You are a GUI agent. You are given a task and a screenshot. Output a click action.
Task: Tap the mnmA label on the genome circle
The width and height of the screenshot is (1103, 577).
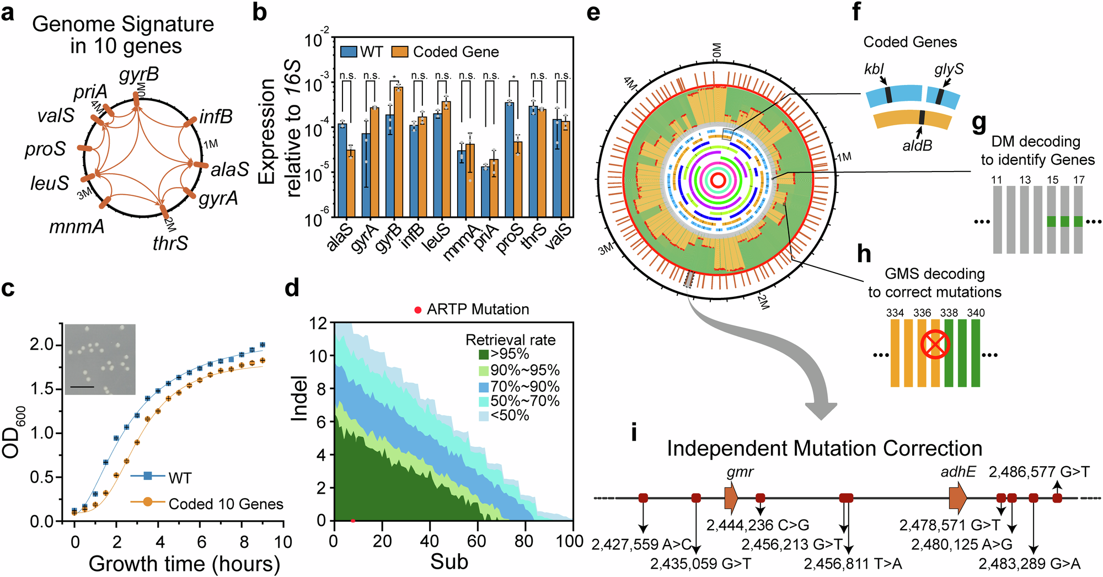click(x=77, y=226)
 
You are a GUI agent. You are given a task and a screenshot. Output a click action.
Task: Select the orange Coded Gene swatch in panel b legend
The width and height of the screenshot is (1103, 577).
click(x=399, y=52)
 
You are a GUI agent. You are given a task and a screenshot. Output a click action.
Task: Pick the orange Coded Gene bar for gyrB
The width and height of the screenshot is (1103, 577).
click(x=398, y=151)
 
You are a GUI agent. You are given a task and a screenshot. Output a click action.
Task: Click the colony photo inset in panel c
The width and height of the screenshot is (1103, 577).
click(x=100, y=359)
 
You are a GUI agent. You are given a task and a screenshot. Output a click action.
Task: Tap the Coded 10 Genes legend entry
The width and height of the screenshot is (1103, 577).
click(x=226, y=504)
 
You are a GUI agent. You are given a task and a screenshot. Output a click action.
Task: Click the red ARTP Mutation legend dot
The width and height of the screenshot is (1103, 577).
click(x=418, y=310)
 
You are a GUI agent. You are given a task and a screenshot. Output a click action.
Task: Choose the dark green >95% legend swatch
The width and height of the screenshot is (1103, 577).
click(x=483, y=354)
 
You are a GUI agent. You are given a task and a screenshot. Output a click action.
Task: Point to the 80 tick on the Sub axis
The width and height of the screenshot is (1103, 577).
click(x=524, y=541)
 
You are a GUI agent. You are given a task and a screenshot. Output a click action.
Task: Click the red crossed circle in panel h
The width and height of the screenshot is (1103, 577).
click(x=935, y=345)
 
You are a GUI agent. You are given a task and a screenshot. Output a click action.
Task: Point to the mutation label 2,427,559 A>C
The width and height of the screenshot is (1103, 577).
click(x=641, y=545)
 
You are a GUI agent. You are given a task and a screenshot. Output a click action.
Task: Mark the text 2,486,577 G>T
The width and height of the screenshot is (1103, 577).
click(x=1039, y=472)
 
